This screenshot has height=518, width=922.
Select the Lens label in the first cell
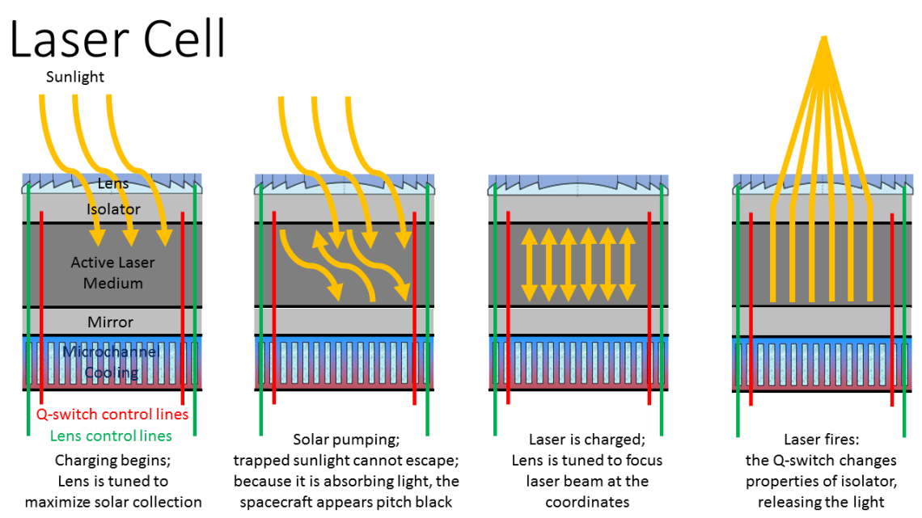point(113,184)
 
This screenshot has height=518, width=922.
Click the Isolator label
point(113,209)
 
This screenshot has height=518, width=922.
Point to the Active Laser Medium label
point(112,272)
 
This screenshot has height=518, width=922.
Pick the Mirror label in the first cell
point(111,322)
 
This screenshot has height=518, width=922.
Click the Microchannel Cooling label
point(112,362)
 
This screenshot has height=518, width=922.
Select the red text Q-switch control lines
point(112,415)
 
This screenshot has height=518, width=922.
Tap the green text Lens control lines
point(111,436)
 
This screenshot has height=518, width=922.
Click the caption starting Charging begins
point(112,461)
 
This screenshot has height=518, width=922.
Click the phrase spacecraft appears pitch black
point(346,502)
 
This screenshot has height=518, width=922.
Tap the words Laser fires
point(821,440)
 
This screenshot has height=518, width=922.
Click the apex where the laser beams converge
point(823,37)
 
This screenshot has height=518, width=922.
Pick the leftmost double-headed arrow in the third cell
point(529,263)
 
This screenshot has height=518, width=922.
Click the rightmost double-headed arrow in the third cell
point(628,263)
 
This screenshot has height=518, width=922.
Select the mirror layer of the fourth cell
point(821,320)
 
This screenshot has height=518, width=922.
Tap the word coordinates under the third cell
point(586,502)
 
